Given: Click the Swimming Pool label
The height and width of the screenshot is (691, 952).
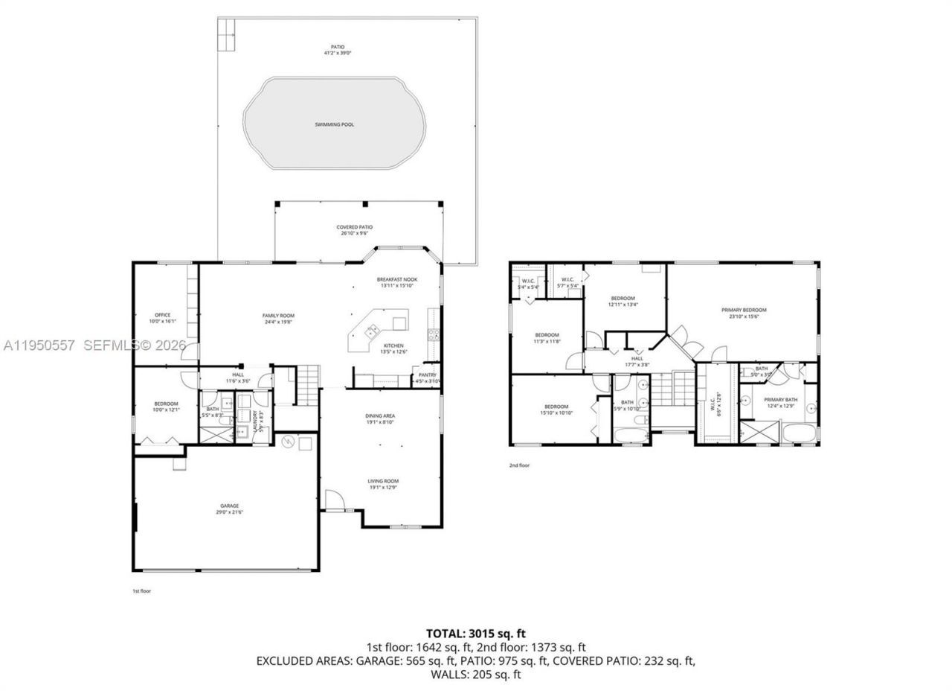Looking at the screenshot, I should click(334, 124).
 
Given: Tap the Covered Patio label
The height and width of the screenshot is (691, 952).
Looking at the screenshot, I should click(354, 227).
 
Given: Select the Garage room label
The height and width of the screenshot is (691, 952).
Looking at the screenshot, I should click(228, 506).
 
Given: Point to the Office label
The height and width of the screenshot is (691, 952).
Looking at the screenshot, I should click(162, 315).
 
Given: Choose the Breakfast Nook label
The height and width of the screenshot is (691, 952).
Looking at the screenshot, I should click(398, 280).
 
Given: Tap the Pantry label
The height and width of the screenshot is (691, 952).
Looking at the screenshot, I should click(428, 375).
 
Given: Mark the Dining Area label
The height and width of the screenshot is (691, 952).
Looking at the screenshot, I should click(379, 416).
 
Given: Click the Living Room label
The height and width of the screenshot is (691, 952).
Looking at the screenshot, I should click(383, 482).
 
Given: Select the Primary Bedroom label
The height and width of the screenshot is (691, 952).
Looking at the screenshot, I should click(744, 310).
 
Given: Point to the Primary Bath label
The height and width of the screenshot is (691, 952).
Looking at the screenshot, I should click(780, 399).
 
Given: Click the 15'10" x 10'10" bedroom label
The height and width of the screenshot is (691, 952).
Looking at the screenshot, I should click(556, 407).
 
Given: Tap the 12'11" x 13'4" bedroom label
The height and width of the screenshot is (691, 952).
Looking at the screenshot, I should click(623, 298).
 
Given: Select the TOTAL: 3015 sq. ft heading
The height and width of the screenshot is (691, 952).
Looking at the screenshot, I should click(475, 634).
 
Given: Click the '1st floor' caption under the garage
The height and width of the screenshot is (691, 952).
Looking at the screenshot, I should click(141, 590).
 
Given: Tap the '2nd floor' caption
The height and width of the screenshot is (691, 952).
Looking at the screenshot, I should click(519, 465).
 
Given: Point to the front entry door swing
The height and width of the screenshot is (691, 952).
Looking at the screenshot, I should click(333, 501).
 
